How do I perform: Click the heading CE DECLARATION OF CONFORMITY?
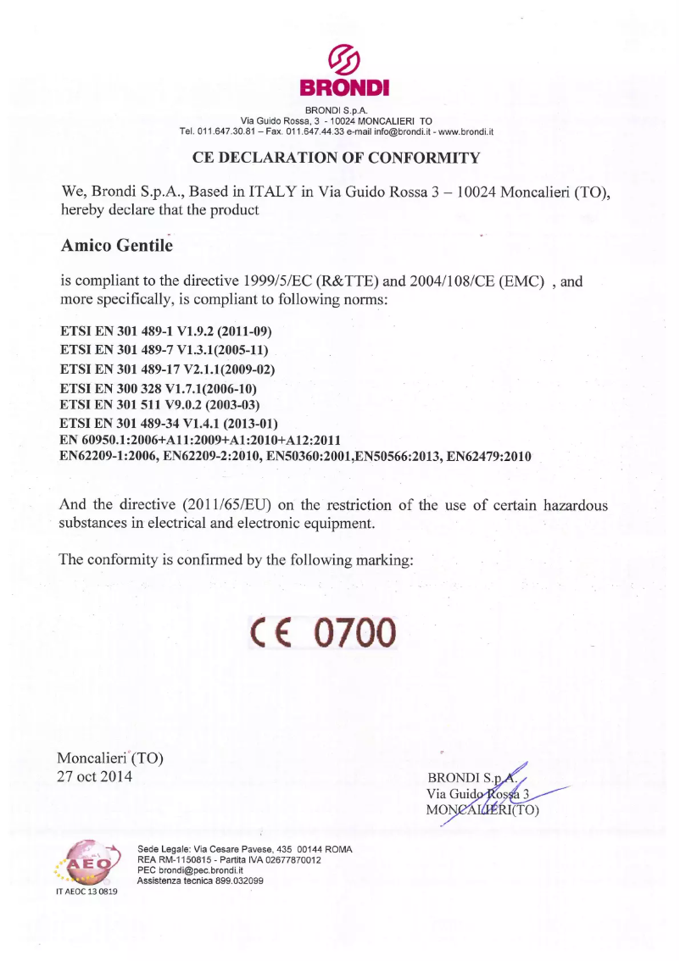click(337, 158)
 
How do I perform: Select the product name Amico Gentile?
click(117, 245)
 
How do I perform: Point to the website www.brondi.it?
click(465, 131)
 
